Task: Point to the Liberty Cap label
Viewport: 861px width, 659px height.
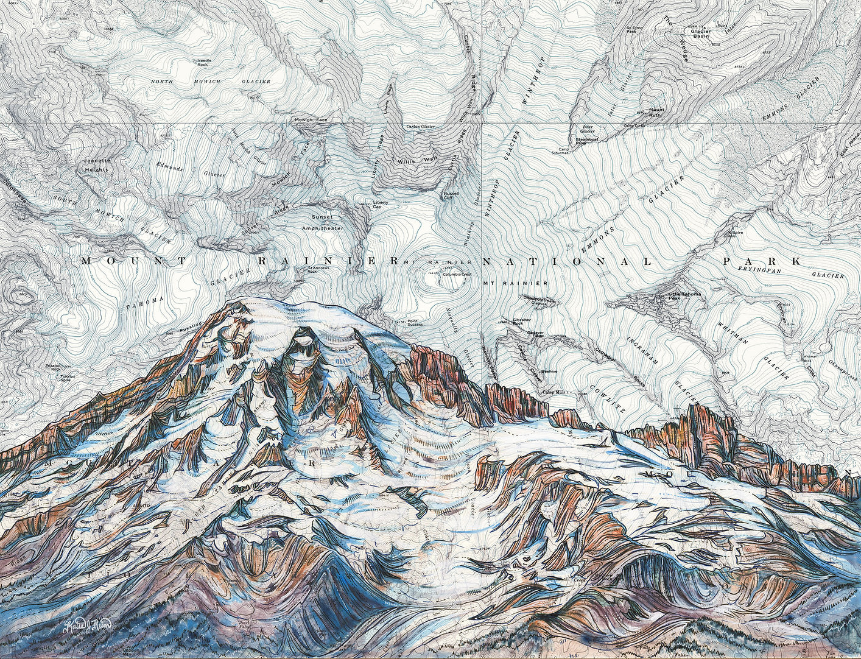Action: point(381,204)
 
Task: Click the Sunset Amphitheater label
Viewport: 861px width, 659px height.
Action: point(322,222)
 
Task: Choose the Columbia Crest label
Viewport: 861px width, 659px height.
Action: point(457,275)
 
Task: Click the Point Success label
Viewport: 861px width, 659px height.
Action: point(415,322)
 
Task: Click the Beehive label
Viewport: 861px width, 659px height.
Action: point(550,370)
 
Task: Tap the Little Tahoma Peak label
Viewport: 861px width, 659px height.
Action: point(684,295)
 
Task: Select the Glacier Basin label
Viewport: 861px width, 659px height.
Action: point(701,34)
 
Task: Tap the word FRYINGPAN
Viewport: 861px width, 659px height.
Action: point(755,269)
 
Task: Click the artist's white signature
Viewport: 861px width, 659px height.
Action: point(88,624)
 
